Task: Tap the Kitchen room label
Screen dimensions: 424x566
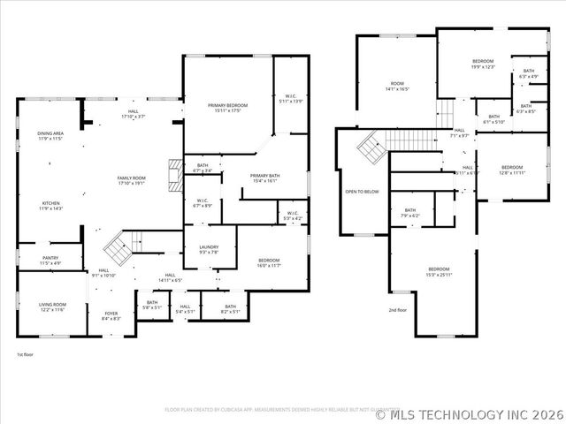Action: click(50, 206)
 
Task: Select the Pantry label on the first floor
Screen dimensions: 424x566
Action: click(50, 260)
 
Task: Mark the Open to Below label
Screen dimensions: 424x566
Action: click(362, 192)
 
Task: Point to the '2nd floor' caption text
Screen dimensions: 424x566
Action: click(398, 310)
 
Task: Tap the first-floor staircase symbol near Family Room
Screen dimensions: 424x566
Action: click(118, 242)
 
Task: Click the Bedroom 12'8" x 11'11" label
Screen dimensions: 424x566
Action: click(512, 170)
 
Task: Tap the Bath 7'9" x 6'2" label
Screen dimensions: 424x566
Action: click(409, 212)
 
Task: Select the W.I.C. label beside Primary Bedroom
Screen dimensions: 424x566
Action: click(293, 98)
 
